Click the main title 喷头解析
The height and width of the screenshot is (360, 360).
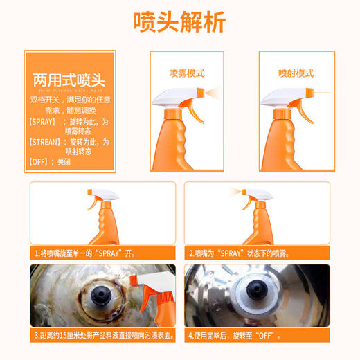coord(179,23)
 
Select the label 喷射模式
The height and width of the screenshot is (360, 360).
coord(296,73)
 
